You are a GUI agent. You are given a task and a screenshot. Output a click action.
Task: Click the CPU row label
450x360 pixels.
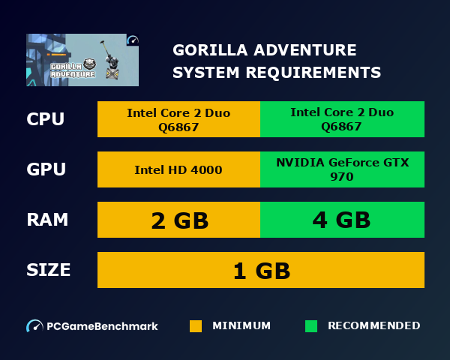click(45, 119)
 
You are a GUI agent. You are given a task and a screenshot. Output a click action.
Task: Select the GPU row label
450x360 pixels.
click(46, 169)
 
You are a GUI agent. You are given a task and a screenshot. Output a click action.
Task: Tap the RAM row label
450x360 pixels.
click(47, 220)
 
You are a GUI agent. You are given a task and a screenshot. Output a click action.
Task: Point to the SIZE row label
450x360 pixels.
click(49, 270)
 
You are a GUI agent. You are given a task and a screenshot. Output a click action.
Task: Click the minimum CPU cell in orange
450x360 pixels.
click(178, 119)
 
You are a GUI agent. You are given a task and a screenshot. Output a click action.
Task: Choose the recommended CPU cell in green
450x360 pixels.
click(342, 119)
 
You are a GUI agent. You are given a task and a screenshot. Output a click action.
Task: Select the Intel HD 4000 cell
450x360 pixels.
click(178, 169)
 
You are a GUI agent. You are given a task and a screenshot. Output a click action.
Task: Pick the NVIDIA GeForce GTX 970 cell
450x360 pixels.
click(342, 169)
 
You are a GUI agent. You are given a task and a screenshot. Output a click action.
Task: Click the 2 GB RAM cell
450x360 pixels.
click(178, 220)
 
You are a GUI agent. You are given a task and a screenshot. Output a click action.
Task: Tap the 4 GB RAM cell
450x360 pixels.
click(342, 220)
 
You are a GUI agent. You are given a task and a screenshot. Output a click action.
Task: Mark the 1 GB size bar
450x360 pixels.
click(261, 270)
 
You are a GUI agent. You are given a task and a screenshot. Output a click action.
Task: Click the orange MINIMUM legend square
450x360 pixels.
click(196, 326)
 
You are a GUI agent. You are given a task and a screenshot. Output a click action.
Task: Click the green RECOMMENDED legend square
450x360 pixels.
click(311, 326)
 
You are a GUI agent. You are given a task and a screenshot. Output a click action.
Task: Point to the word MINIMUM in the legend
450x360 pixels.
click(241, 326)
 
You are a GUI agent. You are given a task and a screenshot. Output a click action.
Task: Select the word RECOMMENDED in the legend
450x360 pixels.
click(373, 326)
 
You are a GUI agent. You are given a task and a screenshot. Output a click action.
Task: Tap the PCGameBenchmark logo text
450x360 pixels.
click(102, 326)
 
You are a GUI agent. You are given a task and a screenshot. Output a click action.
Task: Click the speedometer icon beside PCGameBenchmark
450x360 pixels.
click(34, 326)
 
